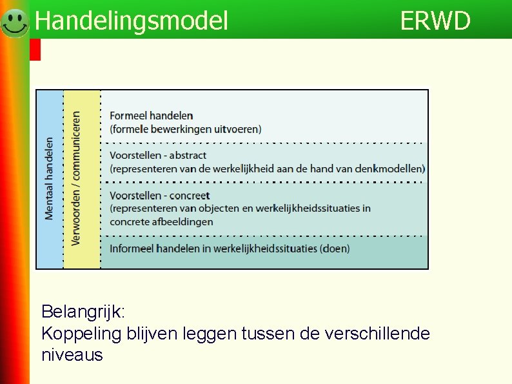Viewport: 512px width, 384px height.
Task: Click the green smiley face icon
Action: [x=14, y=23]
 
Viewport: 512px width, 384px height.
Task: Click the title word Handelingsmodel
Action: [x=132, y=21]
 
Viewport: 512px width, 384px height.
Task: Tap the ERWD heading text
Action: [x=435, y=21]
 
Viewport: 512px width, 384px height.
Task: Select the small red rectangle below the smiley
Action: [x=35, y=50]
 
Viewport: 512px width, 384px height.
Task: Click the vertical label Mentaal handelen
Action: [x=50, y=179]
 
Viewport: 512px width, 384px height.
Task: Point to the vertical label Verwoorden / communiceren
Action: [x=77, y=179]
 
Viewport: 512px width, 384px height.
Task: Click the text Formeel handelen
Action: [x=151, y=116]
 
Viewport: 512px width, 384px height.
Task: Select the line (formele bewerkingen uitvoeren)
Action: [x=186, y=129]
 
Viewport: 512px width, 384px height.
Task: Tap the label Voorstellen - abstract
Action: [x=158, y=155]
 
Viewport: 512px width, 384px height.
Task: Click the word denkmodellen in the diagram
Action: [x=391, y=168]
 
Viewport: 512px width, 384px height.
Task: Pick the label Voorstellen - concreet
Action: [x=159, y=195]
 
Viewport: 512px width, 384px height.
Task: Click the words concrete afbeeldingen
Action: [x=161, y=221]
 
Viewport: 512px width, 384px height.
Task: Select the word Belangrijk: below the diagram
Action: [x=84, y=312]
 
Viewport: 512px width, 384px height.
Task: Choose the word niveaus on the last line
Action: [x=72, y=355]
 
